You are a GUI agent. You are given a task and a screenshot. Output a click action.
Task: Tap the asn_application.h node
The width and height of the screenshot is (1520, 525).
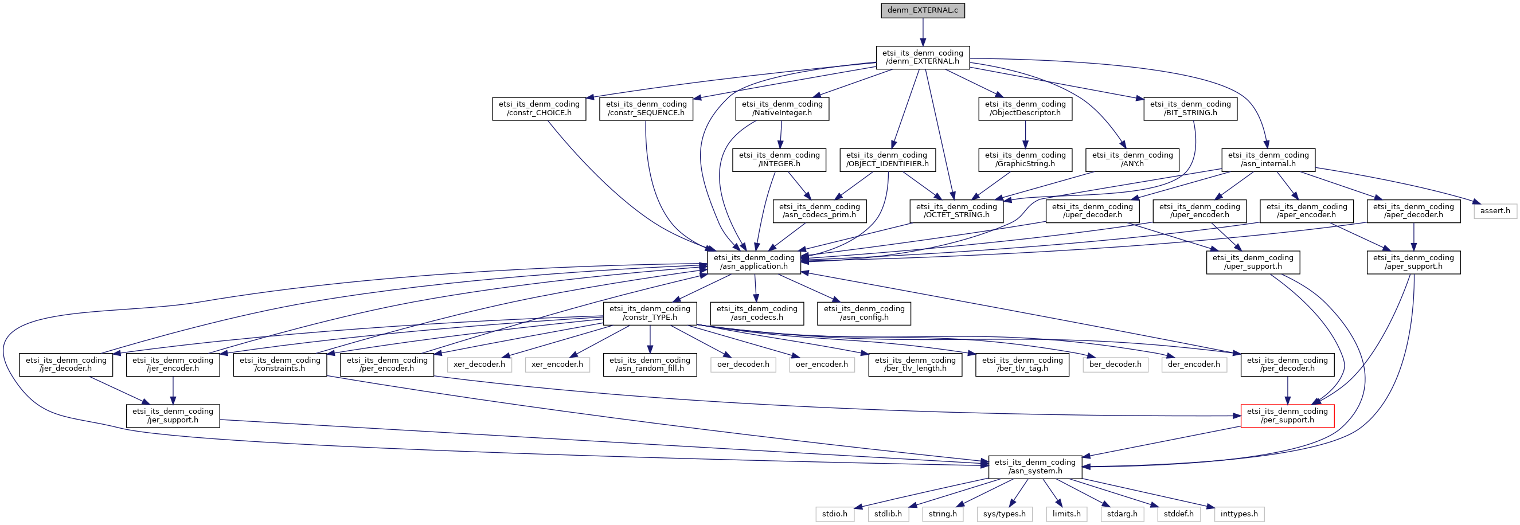753,262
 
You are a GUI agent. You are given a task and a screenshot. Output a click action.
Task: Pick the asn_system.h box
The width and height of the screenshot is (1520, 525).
1035,467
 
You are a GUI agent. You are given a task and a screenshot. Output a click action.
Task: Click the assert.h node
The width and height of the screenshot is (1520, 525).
1495,210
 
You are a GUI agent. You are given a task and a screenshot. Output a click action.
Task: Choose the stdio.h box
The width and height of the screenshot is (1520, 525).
834,514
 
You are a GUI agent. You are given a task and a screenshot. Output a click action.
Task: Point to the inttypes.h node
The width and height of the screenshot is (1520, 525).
1238,514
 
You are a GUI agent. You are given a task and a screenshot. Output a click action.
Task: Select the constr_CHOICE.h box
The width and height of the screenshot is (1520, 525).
539,108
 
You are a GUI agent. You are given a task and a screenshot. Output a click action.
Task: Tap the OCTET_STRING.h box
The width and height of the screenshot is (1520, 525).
956,210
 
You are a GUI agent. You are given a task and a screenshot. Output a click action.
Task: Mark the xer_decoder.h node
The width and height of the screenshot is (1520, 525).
479,365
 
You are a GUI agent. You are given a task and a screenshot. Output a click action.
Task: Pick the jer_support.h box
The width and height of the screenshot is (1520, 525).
173,416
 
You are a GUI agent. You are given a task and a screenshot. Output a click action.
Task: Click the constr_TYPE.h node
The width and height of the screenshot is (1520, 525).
649,314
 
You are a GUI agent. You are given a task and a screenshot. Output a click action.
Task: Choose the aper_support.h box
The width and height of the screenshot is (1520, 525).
1413,262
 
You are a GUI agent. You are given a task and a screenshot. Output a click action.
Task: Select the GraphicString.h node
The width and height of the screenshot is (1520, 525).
1025,160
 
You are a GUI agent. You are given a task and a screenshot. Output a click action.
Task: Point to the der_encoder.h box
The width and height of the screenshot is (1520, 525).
1193,365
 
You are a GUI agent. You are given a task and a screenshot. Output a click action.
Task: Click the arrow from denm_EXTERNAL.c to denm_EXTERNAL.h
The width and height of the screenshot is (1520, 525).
923,33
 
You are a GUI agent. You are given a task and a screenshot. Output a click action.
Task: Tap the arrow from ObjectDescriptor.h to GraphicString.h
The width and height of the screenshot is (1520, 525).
1025,135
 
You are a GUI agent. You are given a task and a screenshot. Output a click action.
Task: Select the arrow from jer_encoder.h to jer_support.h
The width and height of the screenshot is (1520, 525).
173,390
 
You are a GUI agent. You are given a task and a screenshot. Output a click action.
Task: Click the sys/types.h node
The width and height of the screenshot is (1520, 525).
1004,514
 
